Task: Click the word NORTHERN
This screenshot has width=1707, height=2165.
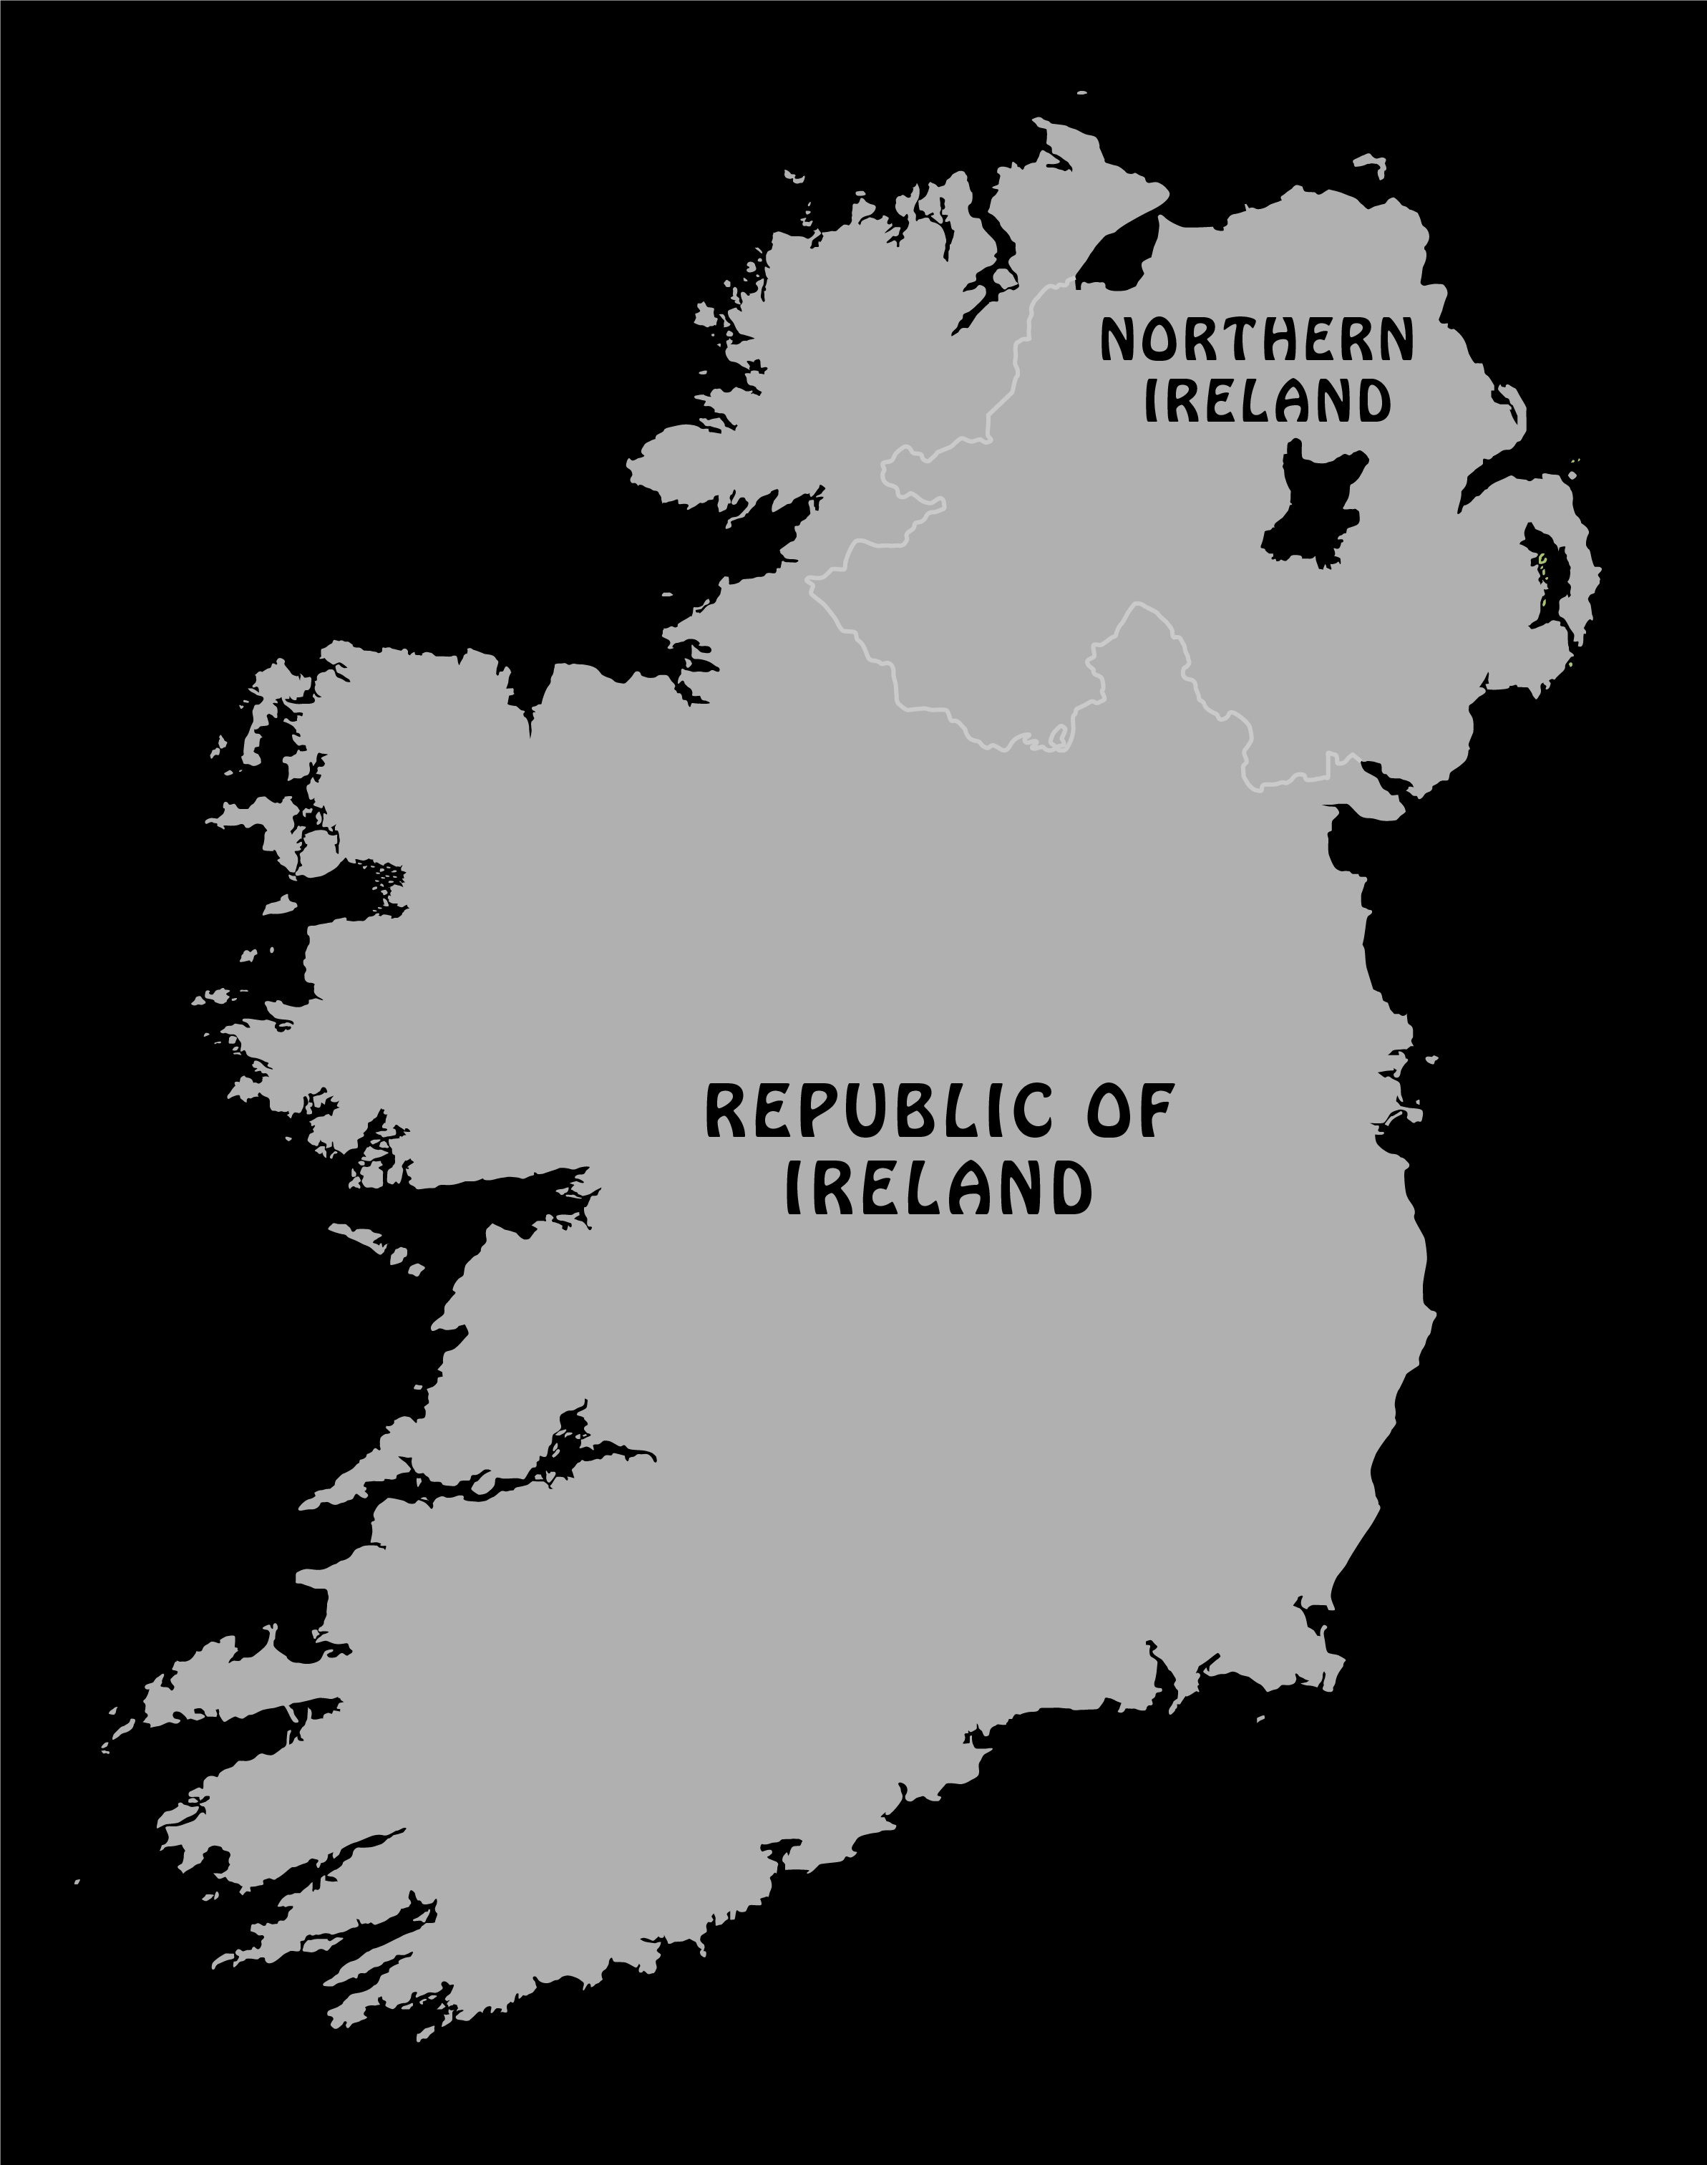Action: click(1258, 341)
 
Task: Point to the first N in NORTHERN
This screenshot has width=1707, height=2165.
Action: click(1119, 341)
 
